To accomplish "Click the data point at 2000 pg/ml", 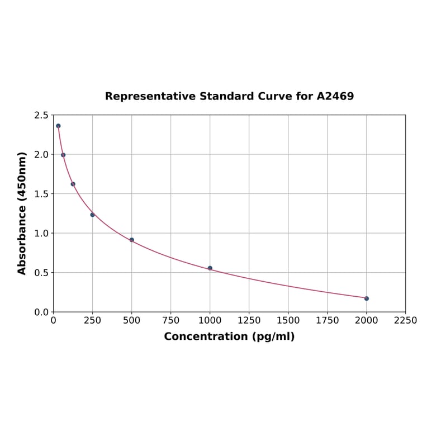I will pos(367,298).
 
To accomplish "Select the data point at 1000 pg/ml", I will pos(210,268).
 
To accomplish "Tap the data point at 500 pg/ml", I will pos(132,240).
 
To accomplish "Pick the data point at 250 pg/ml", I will pos(93,215).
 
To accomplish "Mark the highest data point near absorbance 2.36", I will pos(58,126).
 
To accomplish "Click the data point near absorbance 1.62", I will pos(73,184).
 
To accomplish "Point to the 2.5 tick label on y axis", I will pos(41,115).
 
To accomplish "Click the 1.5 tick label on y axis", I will pos(41,194).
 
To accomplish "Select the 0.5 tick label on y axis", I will pos(41,273).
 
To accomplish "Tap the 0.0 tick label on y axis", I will pos(41,312).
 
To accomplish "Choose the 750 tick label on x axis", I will pos(171,320).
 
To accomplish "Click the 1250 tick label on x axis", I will pos(249,320).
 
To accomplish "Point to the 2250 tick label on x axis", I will pos(406,320).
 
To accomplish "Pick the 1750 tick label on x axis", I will pos(328,320).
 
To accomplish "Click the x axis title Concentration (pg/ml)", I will pos(229,336).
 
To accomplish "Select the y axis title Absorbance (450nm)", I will pos(22,213).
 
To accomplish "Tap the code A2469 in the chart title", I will pos(335,96).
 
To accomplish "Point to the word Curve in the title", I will pos(275,96).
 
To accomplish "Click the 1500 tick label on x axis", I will pos(288,320).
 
